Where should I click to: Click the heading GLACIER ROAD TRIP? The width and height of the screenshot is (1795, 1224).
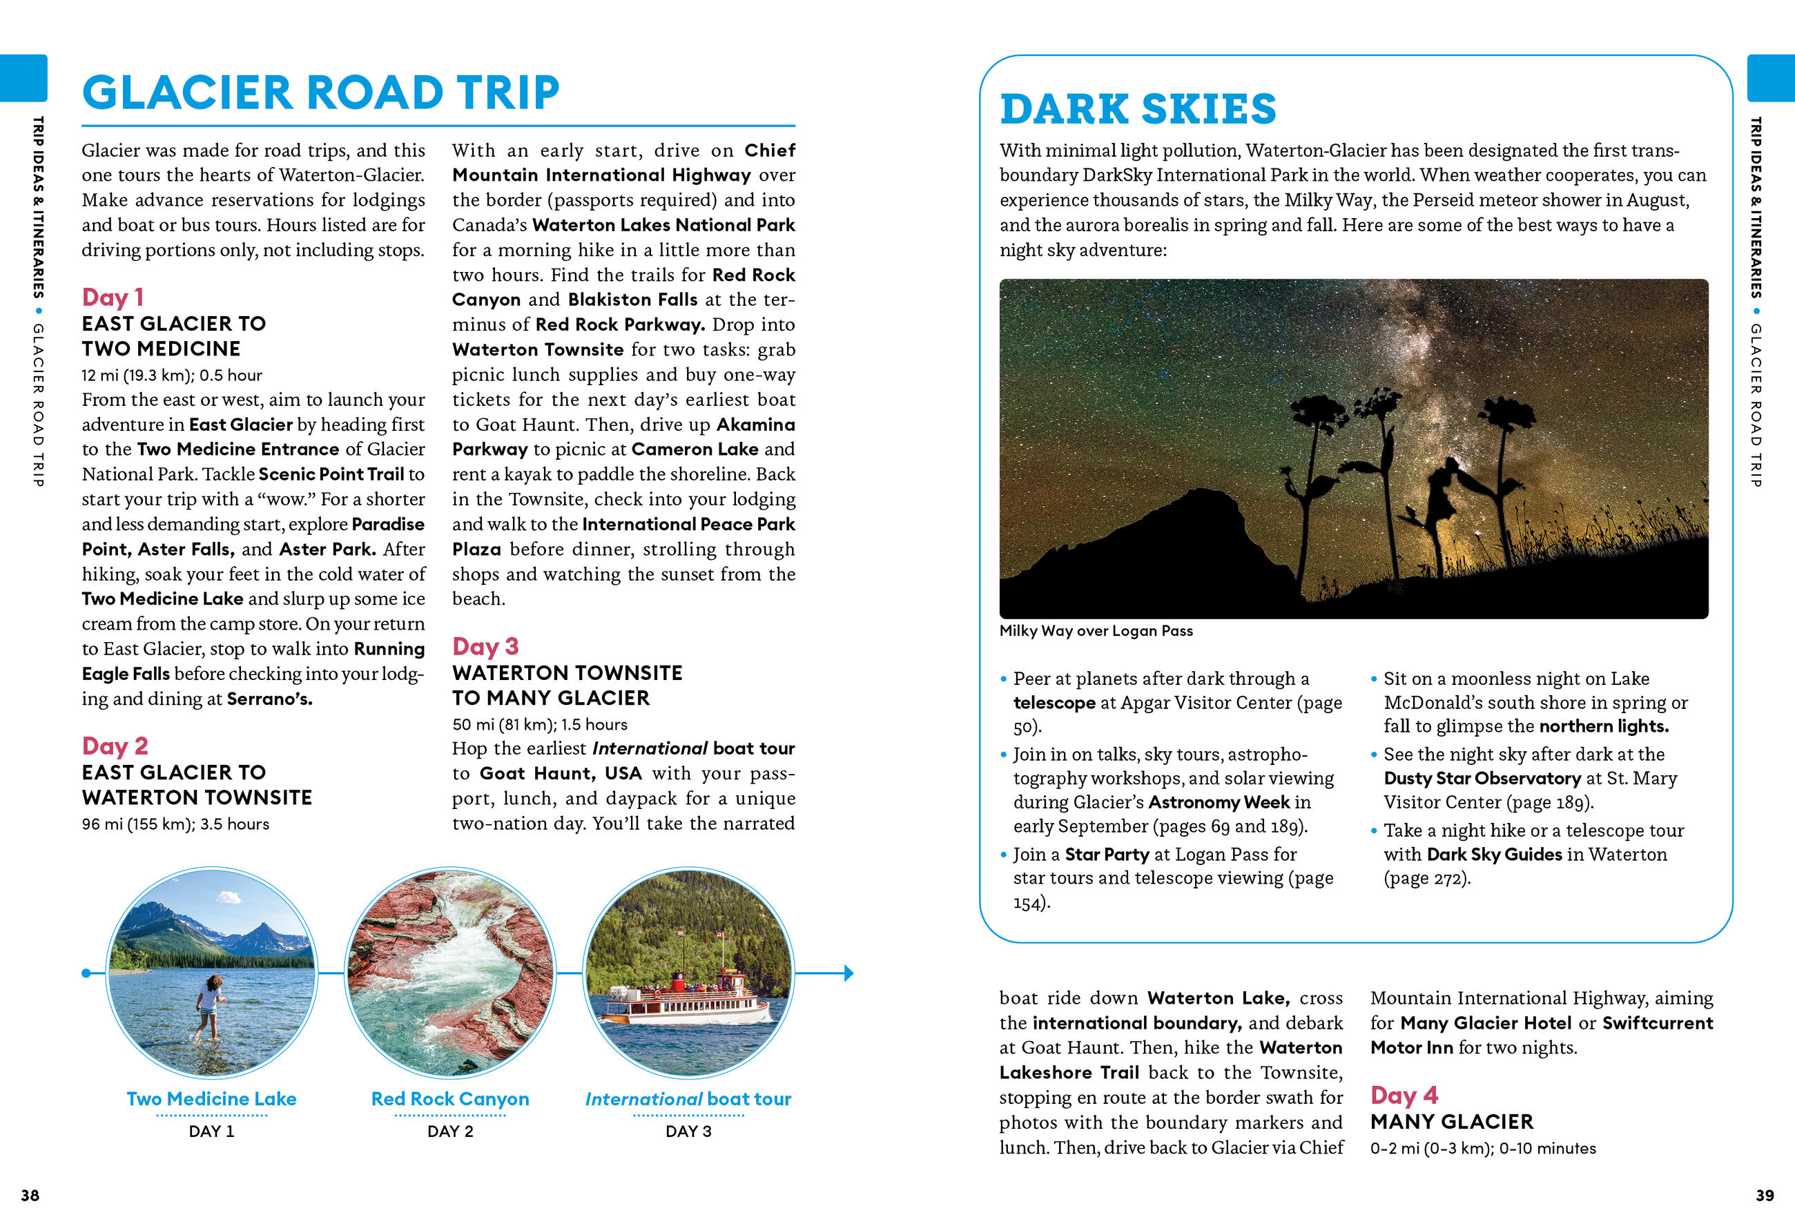click(320, 93)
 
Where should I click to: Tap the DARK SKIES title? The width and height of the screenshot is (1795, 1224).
click(1138, 109)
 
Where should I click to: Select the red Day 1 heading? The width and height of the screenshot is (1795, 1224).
click(113, 298)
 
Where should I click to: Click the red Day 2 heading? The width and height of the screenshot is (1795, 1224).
click(115, 746)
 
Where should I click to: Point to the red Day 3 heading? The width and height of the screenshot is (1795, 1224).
click(485, 646)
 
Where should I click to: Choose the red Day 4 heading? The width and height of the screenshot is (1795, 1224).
click(1404, 1095)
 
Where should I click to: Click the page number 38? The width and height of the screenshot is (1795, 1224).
click(30, 1196)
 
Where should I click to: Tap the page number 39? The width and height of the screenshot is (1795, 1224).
click(1764, 1196)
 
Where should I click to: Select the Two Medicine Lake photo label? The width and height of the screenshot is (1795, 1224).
click(212, 1099)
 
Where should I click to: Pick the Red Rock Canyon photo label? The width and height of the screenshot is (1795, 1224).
click(450, 1099)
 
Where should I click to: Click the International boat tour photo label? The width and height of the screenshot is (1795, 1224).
click(688, 1099)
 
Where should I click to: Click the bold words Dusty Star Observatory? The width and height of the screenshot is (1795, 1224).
click(1482, 779)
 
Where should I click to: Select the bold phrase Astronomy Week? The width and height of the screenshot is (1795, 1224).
click(1219, 802)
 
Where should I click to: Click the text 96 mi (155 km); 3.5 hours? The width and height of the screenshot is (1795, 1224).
click(175, 824)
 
